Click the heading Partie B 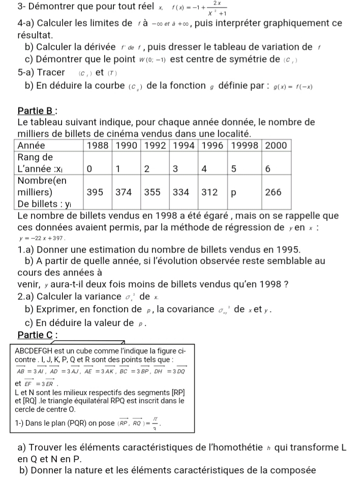pyautogui.click(x=37, y=110)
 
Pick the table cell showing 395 pyautogui.click(x=96, y=192)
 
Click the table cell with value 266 pyautogui.click(x=274, y=192)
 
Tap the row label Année pyautogui.click(x=31, y=145)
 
